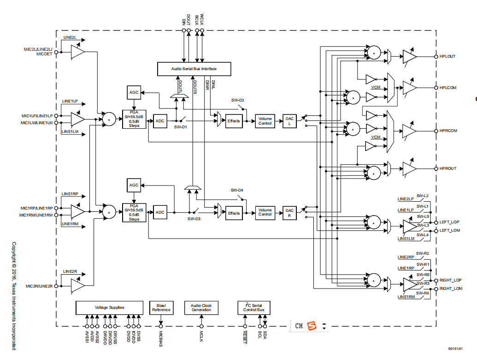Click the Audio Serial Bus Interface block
pyautogui.click(x=194, y=69)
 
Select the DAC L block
pyautogui.click(x=289, y=121)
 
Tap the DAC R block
pyautogui.click(x=289, y=213)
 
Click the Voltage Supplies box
pyautogui.click(x=109, y=308)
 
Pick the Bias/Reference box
pyautogui.click(x=161, y=308)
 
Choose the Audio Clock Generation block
pyautogui.click(x=201, y=308)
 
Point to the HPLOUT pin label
pyautogui.click(x=448, y=56)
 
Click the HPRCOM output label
pyautogui.click(x=448, y=131)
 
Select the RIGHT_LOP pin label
pyautogui.click(x=451, y=280)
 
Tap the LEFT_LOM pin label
pyautogui.click(x=450, y=230)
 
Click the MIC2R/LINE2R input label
pyautogui.click(x=39, y=286)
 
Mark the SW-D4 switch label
pyautogui.click(x=237, y=190)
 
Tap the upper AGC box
pyautogui.click(x=134, y=92)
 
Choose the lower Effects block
pyautogui.click(x=234, y=213)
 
